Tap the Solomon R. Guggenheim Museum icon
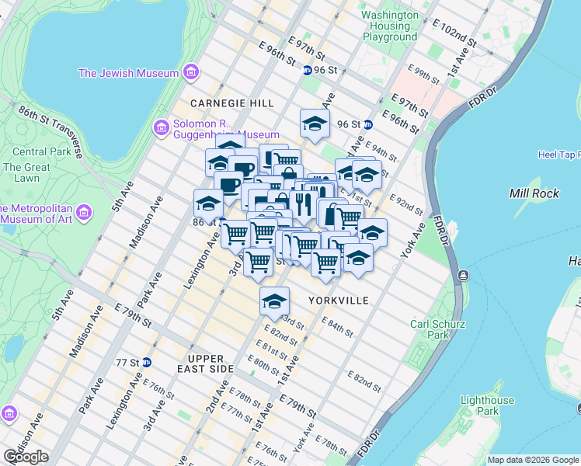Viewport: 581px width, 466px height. click(x=162, y=127)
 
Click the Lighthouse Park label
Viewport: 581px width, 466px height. click(x=487, y=405)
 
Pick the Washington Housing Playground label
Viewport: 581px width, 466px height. click(x=390, y=26)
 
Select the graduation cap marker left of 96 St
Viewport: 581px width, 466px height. click(x=315, y=123)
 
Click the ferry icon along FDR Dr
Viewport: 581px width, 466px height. click(x=463, y=275)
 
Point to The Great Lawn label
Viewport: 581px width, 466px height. click(x=26, y=172)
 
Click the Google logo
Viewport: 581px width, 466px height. click(x=26, y=457)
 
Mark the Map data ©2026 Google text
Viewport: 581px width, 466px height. click(x=532, y=460)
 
